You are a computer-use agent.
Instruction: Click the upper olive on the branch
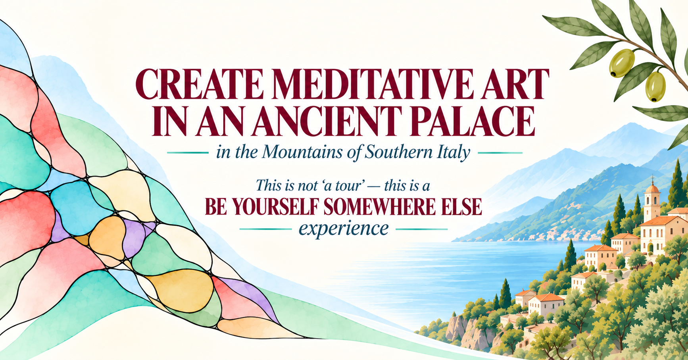coord(622,62)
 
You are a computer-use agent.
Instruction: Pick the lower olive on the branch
coord(655,86)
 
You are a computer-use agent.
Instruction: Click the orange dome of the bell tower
coord(652,188)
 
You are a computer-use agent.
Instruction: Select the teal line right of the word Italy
coord(500,152)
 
